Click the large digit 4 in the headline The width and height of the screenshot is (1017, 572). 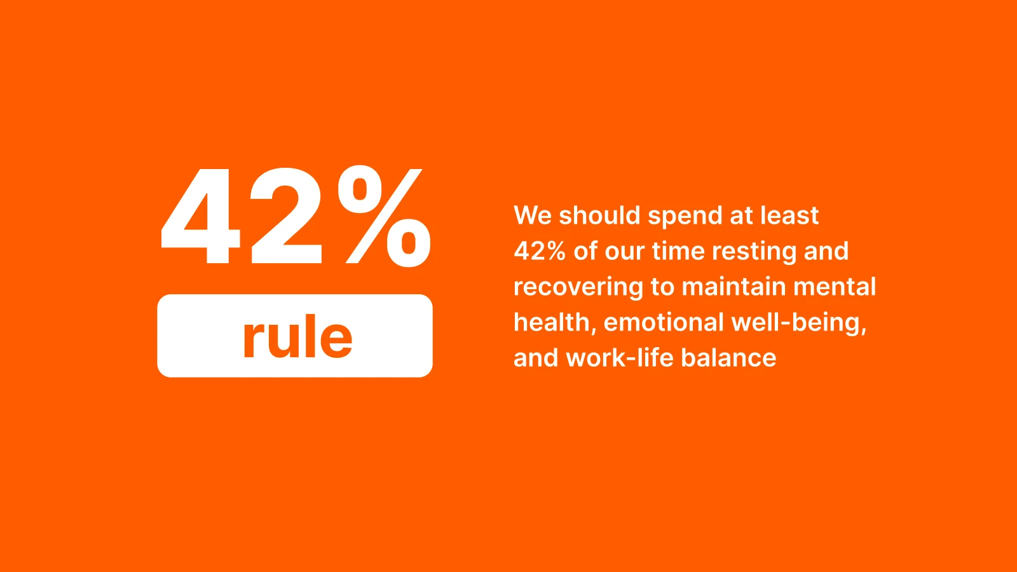coord(201,217)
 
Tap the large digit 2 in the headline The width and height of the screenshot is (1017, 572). coord(286,217)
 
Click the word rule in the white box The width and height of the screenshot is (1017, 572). coord(297,337)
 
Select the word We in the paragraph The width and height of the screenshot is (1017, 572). coord(533,215)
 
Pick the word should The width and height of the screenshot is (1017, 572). coord(599,215)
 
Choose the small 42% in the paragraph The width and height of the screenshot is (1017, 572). coord(540,251)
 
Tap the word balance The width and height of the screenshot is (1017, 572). coord(728,358)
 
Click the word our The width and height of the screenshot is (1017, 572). coord(625,251)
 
